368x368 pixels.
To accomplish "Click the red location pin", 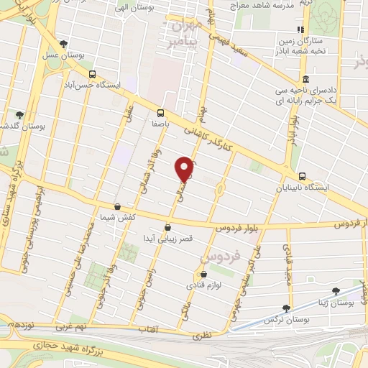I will tap(185, 168).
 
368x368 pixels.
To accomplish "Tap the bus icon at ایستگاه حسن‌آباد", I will tap(92, 74).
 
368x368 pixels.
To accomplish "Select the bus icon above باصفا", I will tap(160, 112).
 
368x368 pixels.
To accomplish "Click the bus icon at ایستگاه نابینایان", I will tap(302, 176).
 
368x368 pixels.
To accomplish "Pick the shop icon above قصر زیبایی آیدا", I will tap(167, 226).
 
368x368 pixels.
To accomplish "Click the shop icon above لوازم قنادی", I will tap(203, 274).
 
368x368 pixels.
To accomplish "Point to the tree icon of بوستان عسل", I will tap(65, 44).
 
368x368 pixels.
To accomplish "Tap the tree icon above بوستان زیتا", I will tap(336, 291).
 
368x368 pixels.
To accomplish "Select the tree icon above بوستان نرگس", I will tap(285, 307).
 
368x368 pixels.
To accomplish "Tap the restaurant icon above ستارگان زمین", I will tap(300, 30).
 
